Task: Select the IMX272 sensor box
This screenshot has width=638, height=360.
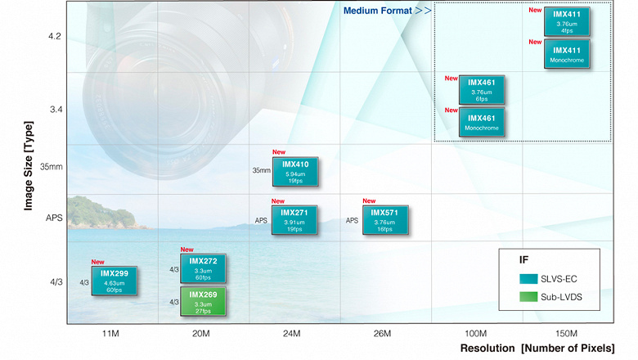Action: (203, 269)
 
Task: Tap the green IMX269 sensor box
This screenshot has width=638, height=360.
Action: (203, 302)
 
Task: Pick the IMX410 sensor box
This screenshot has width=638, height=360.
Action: (294, 172)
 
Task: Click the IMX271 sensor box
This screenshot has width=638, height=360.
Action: (294, 220)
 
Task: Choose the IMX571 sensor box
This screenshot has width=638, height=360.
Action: (384, 220)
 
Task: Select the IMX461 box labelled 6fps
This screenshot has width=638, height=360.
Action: (482, 90)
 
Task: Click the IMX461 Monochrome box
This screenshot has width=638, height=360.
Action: (482, 122)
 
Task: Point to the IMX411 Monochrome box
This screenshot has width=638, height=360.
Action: (568, 55)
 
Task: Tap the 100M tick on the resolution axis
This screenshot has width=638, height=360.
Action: (475, 334)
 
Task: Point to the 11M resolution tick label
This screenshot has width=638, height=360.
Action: (111, 334)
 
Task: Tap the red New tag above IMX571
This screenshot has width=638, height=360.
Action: (368, 201)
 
